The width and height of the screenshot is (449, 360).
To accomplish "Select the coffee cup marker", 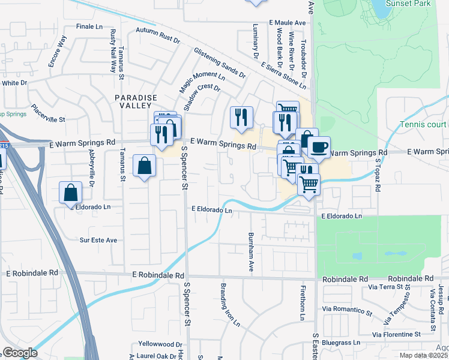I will click(318, 147).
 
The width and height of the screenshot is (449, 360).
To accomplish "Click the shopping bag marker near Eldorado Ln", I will click(70, 193).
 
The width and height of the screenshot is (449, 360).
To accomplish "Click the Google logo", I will click(20, 353).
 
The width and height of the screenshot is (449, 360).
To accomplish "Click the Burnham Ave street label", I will click(251, 251).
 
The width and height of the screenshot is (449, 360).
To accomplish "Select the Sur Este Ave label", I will click(98, 240).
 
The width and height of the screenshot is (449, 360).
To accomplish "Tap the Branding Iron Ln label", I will click(230, 305).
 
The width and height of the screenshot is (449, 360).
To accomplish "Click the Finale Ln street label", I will click(90, 27).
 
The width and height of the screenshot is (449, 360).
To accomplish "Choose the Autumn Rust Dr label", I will click(158, 35).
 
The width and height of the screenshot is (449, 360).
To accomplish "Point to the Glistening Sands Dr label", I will click(220, 64).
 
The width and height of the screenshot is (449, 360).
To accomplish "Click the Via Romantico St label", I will click(345, 309).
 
